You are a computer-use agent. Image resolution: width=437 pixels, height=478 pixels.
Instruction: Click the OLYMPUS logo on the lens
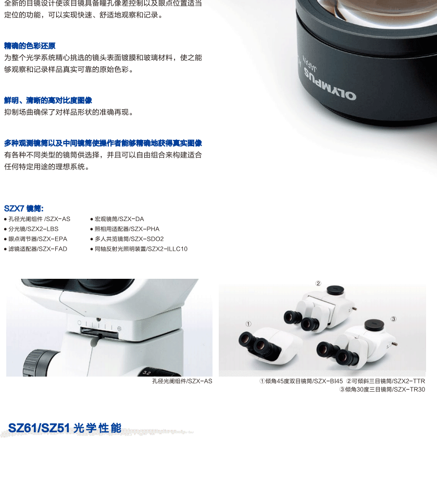click(x=330, y=84)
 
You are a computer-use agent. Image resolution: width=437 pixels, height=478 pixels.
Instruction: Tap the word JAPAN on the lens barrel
click(x=310, y=63)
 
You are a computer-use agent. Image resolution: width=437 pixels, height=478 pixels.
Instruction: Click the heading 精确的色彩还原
click(x=30, y=46)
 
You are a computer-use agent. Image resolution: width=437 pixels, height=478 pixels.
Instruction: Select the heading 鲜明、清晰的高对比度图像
click(x=48, y=100)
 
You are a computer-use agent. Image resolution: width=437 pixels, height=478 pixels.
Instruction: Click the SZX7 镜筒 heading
click(x=24, y=209)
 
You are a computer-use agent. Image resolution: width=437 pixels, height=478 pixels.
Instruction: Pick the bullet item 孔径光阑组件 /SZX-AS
click(x=37, y=219)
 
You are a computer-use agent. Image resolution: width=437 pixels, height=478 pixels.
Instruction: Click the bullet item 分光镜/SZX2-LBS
click(x=31, y=229)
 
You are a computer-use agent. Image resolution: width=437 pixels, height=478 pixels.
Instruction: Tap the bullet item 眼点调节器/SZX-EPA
click(x=35, y=239)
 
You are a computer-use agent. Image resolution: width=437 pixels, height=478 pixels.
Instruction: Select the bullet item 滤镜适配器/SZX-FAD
click(x=35, y=249)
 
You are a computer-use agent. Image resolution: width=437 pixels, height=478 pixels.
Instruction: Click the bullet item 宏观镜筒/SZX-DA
click(x=117, y=219)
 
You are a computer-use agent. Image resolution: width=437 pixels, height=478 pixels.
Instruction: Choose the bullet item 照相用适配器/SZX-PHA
click(x=125, y=229)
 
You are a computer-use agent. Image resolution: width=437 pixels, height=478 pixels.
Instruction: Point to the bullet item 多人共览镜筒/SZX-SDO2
click(x=127, y=239)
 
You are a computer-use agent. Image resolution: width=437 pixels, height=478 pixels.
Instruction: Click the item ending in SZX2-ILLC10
click(x=139, y=249)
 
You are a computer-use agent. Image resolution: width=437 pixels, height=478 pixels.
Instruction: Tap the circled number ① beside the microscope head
click(x=248, y=324)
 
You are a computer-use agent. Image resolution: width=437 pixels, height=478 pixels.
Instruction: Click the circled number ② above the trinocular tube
click(x=318, y=283)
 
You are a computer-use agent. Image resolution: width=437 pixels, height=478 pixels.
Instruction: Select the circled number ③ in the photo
click(x=394, y=319)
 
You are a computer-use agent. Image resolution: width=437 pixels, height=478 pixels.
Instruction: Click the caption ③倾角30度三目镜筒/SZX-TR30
click(x=382, y=389)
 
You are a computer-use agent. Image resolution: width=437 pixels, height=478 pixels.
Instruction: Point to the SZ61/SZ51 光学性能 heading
click(x=65, y=428)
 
